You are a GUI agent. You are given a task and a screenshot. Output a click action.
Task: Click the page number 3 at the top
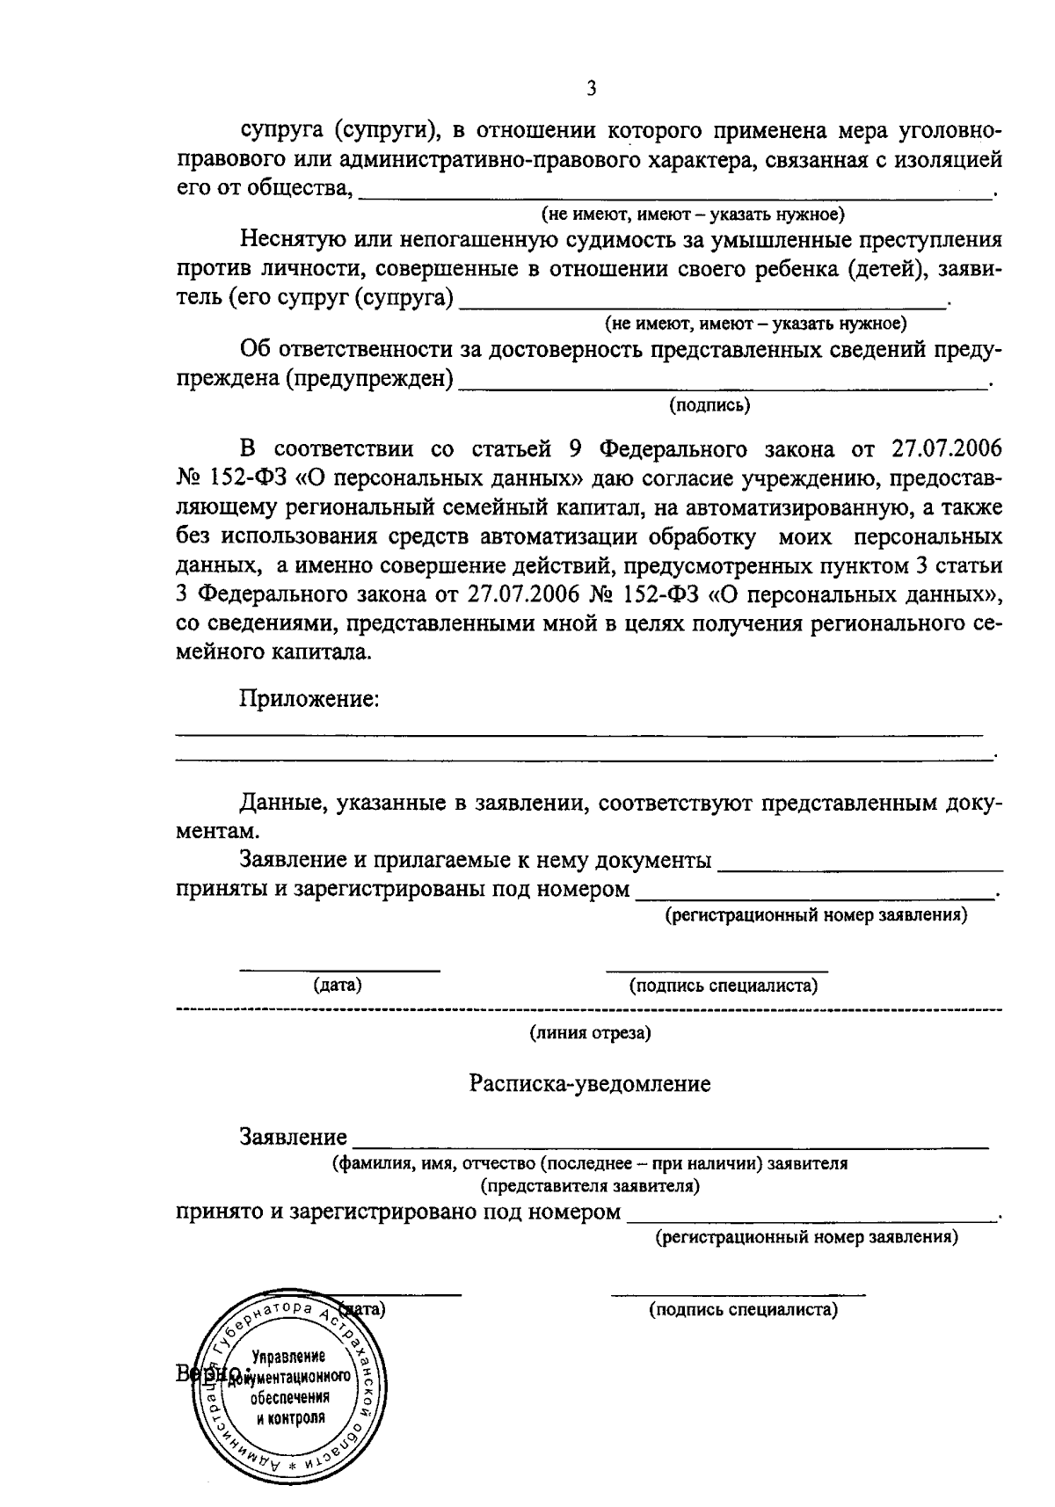point(591,90)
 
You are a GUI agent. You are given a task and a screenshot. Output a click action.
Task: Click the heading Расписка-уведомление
point(589,1084)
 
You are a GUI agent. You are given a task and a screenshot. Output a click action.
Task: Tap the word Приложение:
point(309,700)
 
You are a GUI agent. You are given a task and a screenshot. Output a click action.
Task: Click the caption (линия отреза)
point(590,1033)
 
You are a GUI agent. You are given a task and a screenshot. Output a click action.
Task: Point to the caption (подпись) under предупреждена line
point(709,405)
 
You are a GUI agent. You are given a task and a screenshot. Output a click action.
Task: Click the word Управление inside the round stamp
point(288,1357)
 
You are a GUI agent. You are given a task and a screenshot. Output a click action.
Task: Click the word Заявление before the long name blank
point(293,1138)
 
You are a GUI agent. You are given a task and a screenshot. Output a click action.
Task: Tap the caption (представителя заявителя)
point(590,1186)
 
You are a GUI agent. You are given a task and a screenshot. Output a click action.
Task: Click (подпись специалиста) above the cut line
point(724,986)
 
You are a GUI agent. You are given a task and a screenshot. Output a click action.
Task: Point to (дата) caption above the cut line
point(338,986)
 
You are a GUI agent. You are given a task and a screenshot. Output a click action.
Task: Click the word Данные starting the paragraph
point(279,804)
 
